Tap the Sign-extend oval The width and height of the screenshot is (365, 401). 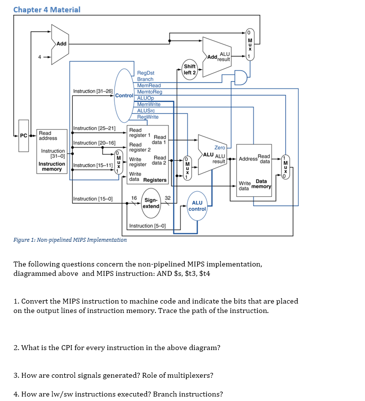(x=151, y=203)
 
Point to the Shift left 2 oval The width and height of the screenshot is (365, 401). (x=190, y=69)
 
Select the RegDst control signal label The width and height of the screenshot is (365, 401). (x=145, y=73)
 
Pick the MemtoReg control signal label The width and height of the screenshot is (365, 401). (x=149, y=92)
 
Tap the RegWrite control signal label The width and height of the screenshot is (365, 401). (x=148, y=117)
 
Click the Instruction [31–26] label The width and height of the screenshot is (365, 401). (x=93, y=91)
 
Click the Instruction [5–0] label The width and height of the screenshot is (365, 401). (x=147, y=226)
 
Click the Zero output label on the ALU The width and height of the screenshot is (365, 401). (x=220, y=147)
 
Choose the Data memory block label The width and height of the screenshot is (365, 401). (x=262, y=184)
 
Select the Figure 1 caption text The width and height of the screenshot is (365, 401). (x=70, y=240)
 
